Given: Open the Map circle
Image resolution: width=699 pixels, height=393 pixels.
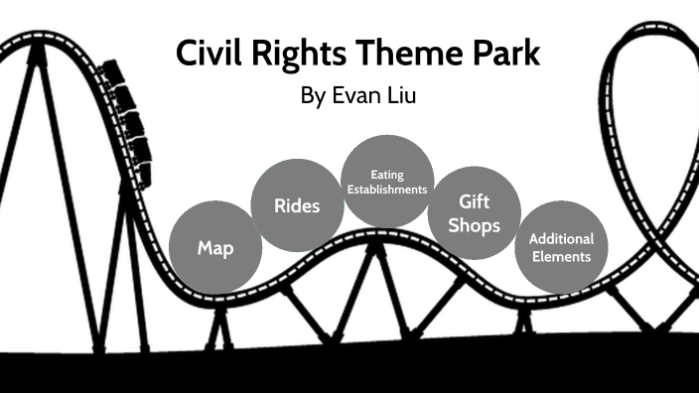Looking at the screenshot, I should (x=215, y=247).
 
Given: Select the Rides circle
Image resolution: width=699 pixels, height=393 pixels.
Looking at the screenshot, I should (x=298, y=205).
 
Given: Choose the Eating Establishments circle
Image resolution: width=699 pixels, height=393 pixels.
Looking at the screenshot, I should (x=387, y=181).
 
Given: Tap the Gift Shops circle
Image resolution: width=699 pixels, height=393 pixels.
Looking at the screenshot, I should (x=475, y=212).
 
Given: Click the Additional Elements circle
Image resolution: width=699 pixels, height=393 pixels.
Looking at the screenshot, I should (x=561, y=247).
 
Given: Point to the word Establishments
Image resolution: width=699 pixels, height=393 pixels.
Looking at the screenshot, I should (x=387, y=189).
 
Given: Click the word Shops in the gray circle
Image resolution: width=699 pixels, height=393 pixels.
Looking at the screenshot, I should (x=475, y=225).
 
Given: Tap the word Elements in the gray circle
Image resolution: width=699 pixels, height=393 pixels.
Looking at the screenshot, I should (x=561, y=256).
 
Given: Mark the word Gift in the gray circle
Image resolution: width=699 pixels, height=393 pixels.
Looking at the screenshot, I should (x=475, y=201).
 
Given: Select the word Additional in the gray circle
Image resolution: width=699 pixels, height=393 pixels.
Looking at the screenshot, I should (x=561, y=239).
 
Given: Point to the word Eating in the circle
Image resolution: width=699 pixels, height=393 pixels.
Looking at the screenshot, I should (x=387, y=175).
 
